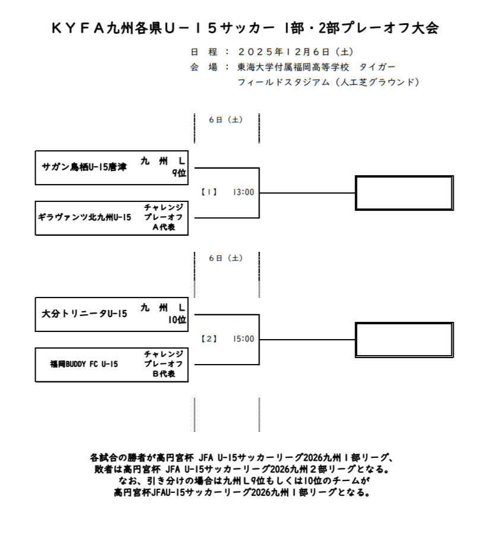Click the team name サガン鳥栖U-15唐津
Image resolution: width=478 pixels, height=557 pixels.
point(84,167)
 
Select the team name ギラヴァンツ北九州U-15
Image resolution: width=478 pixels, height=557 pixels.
point(84,217)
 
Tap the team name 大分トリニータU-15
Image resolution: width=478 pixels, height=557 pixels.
point(85,314)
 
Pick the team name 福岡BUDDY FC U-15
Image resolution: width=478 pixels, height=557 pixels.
point(84,363)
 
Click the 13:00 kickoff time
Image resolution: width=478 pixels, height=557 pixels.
point(243,192)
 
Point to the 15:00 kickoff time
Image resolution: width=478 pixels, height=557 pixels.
point(243,339)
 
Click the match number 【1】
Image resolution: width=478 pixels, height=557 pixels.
point(209,192)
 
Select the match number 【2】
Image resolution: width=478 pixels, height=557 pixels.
point(209,339)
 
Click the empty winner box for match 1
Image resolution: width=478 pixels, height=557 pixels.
point(404,192)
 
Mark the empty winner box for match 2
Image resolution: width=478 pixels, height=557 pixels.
point(404,339)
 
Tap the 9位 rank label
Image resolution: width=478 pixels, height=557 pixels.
point(179,173)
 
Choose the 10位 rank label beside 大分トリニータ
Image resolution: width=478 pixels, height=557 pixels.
point(177,319)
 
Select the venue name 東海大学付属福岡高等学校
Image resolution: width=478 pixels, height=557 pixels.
point(293,67)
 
